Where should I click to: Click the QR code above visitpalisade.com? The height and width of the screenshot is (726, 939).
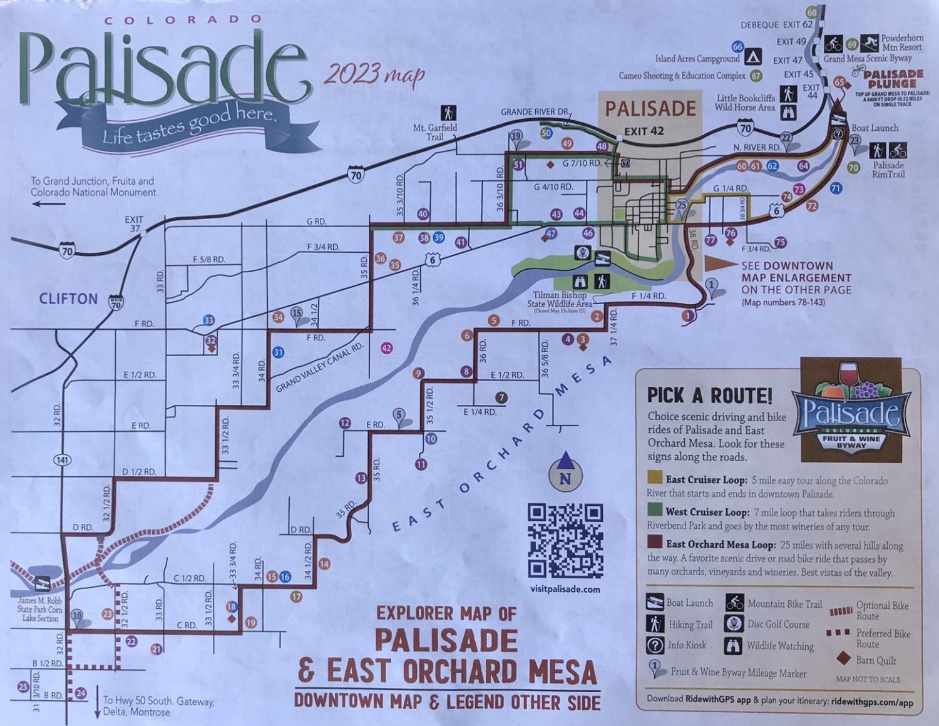point(565,540)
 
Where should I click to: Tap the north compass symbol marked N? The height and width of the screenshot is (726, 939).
point(565,471)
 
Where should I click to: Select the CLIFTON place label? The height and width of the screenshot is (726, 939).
point(68,299)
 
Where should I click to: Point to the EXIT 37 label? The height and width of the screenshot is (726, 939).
point(134,223)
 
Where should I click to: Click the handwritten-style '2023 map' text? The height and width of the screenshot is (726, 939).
point(374,74)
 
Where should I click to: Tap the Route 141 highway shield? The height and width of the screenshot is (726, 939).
point(63,460)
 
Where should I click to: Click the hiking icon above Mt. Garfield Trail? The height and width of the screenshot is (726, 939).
point(448,113)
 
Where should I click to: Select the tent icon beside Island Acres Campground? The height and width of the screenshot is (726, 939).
point(753,57)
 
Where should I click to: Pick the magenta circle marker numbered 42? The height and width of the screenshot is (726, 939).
point(387,348)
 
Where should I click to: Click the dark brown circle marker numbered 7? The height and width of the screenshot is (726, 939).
point(501,397)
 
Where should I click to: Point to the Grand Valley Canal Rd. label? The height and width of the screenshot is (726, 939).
point(319,367)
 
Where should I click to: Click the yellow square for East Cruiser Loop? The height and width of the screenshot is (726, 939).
point(655,479)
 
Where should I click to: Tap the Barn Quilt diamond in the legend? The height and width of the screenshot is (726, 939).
point(843,658)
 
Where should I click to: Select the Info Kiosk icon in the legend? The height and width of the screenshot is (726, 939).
point(655,645)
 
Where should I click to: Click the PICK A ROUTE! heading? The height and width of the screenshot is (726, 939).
point(709,396)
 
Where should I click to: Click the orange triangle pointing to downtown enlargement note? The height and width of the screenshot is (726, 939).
point(721,263)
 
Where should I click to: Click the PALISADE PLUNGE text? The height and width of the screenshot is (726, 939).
point(893,79)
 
